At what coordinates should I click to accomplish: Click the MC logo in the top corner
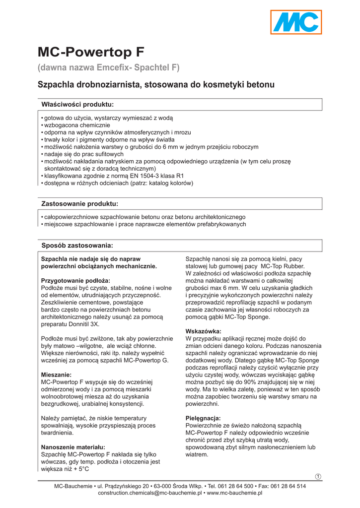296,22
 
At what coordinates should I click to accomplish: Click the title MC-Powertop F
91,52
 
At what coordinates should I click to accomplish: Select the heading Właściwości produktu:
77,104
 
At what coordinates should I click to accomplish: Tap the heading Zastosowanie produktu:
79,203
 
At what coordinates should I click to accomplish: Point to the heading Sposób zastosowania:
77,246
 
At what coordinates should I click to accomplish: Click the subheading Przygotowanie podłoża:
75,280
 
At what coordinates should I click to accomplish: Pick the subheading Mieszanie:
56,375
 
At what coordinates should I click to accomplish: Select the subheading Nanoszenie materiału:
73,447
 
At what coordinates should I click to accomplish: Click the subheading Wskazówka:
203,331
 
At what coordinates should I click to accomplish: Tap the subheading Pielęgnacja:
203,418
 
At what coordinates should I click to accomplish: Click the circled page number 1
318,477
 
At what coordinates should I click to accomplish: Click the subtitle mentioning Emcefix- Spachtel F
109,67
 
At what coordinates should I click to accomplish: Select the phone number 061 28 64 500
235,486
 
